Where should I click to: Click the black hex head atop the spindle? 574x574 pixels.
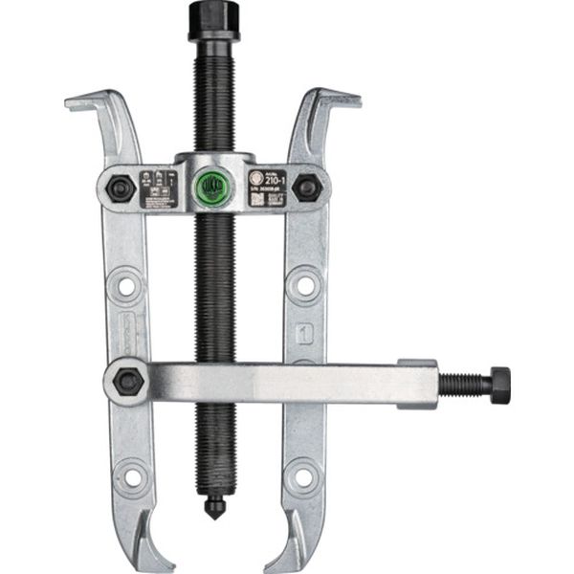click(212, 19)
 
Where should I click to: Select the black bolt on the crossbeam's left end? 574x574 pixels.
click(121, 188)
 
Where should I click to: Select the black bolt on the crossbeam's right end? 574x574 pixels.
click(306, 187)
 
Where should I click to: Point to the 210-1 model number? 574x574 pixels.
click(276, 178)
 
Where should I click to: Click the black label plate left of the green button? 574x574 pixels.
click(159, 188)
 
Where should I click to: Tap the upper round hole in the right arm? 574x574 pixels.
click(304, 284)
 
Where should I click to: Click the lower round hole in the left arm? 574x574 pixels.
click(130, 475)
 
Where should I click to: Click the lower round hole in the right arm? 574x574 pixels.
click(302, 475)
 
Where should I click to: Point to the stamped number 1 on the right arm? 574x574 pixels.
click(304, 335)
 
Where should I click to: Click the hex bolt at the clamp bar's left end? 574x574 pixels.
click(127, 381)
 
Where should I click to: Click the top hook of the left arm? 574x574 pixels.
click(91, 100)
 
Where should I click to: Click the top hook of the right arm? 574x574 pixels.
click(335, 99)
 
